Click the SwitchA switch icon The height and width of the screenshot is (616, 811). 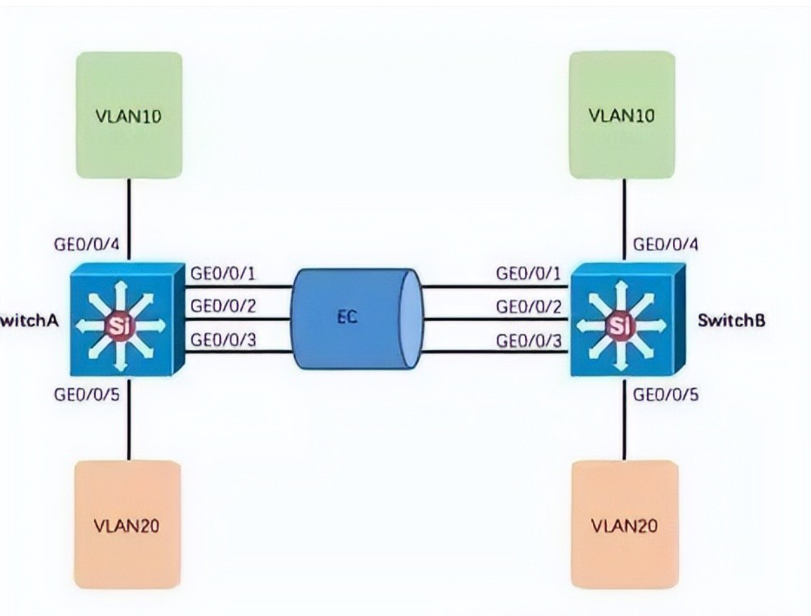coord(126,319)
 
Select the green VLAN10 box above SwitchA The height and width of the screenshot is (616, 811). coord(128,115)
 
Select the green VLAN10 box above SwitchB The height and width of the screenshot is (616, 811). coord(622,115)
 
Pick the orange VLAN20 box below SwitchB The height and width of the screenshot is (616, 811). coord(624,525)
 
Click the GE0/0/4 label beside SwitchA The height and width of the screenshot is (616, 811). coord(86,244)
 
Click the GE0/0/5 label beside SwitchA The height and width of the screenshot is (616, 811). coord(86,394)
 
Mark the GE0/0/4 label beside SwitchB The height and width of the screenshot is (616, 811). coord(665,244)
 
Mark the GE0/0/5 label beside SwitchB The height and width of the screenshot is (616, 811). coord(665,394)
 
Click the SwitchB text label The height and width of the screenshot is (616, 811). coord(732,321)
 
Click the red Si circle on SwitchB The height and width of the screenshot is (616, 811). coord(617,327)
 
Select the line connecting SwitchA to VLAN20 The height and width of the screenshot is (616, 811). coord(128,417)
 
